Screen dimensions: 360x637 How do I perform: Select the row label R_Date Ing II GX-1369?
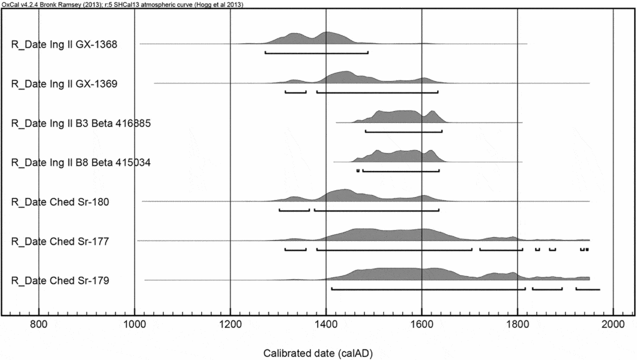click(x=73, y=83)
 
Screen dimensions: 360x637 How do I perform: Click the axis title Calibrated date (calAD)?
click(x=318, y=353)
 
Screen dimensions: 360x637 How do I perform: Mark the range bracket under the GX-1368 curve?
click(x=316, y=53)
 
